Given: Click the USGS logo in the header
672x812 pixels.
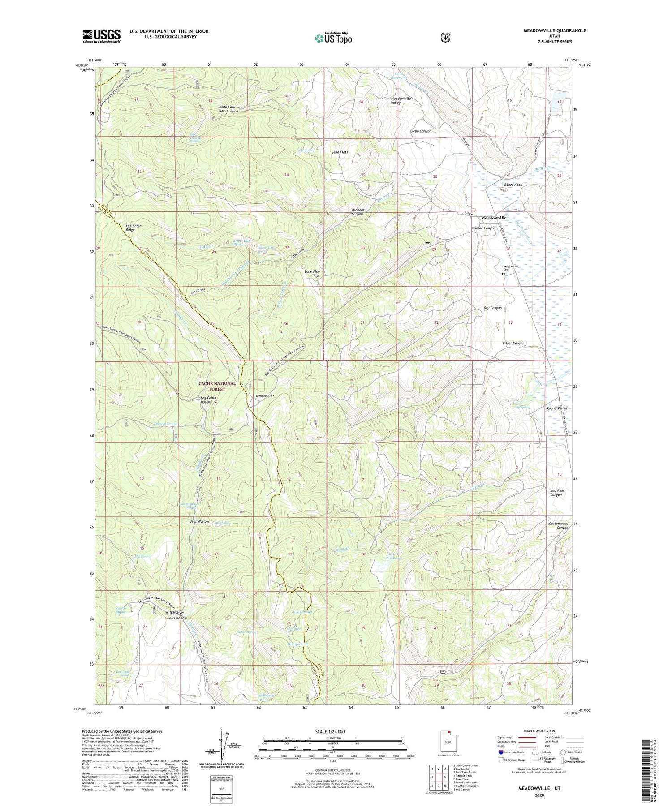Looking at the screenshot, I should point(102,36).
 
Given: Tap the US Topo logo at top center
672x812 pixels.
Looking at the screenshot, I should point(333,38).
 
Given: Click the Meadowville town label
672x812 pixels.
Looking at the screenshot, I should point(494,218).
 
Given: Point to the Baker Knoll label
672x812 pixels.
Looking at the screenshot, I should point(513,185).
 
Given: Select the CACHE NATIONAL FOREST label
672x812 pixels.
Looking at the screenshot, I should point(218,387).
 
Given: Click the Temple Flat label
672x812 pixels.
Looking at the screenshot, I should point(264,396).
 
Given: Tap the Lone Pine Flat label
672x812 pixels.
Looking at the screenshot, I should point(312,274).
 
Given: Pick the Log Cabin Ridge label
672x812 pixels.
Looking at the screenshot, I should point(134,228).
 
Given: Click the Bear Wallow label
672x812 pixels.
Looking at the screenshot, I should point(199,522).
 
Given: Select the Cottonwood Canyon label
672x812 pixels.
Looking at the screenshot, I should point(559,525).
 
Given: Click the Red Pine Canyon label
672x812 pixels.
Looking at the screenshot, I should point(557,493).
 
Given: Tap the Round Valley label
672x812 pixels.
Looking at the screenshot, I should point(557,408).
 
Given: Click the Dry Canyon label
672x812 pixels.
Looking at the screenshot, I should point(493,308).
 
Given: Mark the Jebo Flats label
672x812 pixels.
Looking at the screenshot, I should point(340,152).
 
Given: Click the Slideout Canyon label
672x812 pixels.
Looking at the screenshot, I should point(357,212).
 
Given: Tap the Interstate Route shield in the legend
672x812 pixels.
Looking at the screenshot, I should point(500,752).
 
